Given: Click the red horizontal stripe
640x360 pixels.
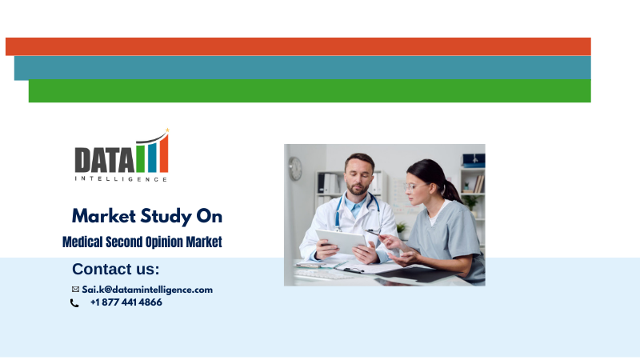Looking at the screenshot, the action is pos(298,46).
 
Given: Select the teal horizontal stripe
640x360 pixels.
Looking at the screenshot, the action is pos(302,68).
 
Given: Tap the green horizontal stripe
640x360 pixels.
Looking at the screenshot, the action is pos(310,90).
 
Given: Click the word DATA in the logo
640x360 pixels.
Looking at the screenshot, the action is pos(104,161).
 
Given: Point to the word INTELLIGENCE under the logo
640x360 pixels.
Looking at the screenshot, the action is pos(122,178).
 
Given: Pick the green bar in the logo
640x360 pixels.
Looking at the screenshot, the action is pos(141,157).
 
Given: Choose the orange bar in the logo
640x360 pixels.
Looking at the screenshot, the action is pos(164,154).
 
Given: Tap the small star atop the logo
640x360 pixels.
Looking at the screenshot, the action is pos(167,130).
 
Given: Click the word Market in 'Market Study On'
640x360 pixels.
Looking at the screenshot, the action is pos(104,216).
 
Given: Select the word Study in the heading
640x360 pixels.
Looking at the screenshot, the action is pos(166,217).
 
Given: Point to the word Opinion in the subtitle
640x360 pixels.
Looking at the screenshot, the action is pos(164,242).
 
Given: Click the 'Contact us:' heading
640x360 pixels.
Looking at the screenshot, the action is pos(116,269).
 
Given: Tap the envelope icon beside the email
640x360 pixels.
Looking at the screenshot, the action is pos(75,290).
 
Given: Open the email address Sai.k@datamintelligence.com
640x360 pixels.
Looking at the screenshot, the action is pos(147,290).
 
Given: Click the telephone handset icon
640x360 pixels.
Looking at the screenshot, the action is pos(74,303).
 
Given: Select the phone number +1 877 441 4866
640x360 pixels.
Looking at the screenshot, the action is pos(126,302).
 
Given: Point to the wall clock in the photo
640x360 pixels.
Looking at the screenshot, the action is pos(295,169).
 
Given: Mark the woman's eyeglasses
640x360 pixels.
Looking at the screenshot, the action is pos(413,187).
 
